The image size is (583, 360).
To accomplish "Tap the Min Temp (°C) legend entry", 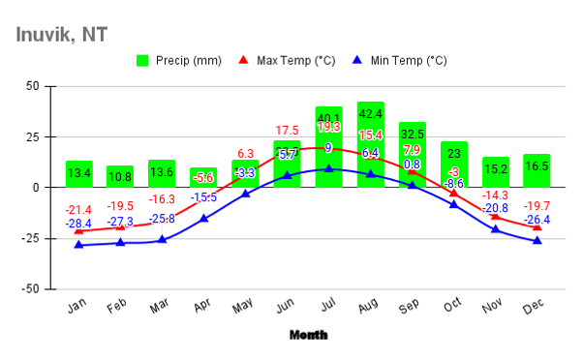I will click(x=398, y=60).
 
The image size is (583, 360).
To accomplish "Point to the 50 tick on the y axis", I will click(x=32, y=86).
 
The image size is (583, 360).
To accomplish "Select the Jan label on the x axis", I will click(x=78, y=306).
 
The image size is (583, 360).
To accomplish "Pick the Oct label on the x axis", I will click(x=453, y=306).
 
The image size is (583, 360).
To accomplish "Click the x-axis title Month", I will click(x=308, y=335).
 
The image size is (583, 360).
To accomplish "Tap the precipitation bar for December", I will click(x=537, y=170).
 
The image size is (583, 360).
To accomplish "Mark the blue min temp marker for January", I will click(x=79, y=245).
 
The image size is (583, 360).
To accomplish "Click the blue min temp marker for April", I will click(x=204, y=219).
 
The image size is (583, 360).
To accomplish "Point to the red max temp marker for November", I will click(x=495, y=216).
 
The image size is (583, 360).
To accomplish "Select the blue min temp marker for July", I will click(x=329, y=168).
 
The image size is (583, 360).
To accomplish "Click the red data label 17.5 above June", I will click(x=287, y=131).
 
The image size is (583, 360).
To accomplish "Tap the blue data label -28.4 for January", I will click(x=78, y=225).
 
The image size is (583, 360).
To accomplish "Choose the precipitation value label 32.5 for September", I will click(x=413, y=134).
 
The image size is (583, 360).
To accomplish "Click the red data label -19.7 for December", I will click(x=537, y=205).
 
